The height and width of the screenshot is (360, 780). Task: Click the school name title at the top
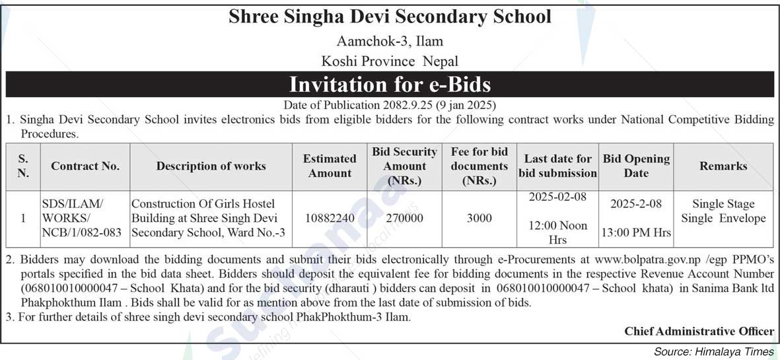pyautogui.click(x=390, y=17)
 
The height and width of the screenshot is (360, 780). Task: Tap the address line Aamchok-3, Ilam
pyautogui.click(x=390, y=41)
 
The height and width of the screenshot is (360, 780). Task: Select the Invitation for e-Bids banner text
pyautogui.click(x=390, y=85)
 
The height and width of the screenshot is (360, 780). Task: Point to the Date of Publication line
pyautogui.click(x=390, y=105)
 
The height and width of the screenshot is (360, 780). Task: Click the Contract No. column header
pyautogui.click(x=85, y=166)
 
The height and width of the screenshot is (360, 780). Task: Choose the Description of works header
pyautogui.click(x=211, y=166)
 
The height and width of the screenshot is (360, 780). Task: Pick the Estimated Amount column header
pyautogui.click(x=330, y=166)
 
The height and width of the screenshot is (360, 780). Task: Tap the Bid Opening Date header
pyautogui.click(x=636, y=166)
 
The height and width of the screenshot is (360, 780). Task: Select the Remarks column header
pyautogui.click(x=723, y=166)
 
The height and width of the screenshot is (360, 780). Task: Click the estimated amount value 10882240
pyautogui.click(x=330, y=218)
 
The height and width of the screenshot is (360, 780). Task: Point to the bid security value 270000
pyautogui.click(x=404, y=218)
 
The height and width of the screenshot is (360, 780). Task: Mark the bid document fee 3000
pyautogui.click(x=479, y=218)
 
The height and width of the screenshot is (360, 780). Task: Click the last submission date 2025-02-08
pyautogui.click(x=557, y=198)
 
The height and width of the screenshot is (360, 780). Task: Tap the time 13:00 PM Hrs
pyautogui.click(x=636, y=233)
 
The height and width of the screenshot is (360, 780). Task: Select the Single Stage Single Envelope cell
pyautogui.click(x=723, y=211)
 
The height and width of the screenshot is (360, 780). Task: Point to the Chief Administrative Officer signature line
pyautogui.click(x=699, y=332)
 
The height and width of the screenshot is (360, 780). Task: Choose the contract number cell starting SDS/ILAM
pyautogui.click(x=82, y=218)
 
